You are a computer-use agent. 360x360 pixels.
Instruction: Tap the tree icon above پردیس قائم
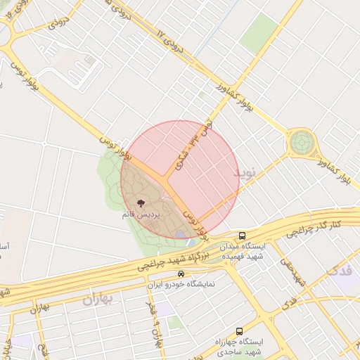coord(139,203)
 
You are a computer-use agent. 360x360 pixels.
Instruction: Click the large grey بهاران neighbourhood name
coord(98,300)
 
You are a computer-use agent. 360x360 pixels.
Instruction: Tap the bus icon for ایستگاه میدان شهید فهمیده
coord(243,236)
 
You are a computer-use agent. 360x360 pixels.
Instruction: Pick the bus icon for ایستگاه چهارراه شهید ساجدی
coord(240,330)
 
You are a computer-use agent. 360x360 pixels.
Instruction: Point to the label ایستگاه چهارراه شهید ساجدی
coord(238,346)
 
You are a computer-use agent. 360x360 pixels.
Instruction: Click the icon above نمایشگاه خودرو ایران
coord(181,274)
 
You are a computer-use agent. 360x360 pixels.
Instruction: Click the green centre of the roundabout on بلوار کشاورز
coord(302,143)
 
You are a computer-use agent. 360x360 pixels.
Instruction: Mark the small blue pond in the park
coord(181,233)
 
